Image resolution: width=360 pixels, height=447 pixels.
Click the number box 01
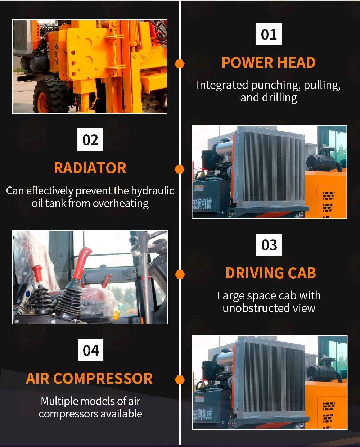tap(269, 34)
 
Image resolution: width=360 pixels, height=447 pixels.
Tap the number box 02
tap(90, 140)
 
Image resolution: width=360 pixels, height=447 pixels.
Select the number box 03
tap(269, 245)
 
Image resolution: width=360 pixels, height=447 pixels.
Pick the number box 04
tap(90, 350)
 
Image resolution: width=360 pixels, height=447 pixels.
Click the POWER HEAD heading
tap(269, 63)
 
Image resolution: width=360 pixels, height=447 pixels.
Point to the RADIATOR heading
tap(90, 168)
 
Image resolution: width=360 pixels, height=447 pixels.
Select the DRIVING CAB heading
tap(271, 273)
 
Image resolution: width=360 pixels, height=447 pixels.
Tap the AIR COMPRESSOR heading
tap(89, 379)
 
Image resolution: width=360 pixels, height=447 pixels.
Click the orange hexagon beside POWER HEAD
tap(180, 64)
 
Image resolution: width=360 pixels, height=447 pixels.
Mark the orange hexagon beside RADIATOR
tap(180, 169)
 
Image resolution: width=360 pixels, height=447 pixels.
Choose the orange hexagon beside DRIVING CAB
tap(180, 274)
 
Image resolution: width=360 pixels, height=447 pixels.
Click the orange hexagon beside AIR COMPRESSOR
tap(180, 380)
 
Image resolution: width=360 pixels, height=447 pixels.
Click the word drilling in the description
tap(279, 98)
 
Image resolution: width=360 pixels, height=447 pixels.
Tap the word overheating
tap(121, 203)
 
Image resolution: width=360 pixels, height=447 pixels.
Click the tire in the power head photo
tap(50, 96)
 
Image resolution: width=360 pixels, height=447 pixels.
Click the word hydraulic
tap(153, 191)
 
